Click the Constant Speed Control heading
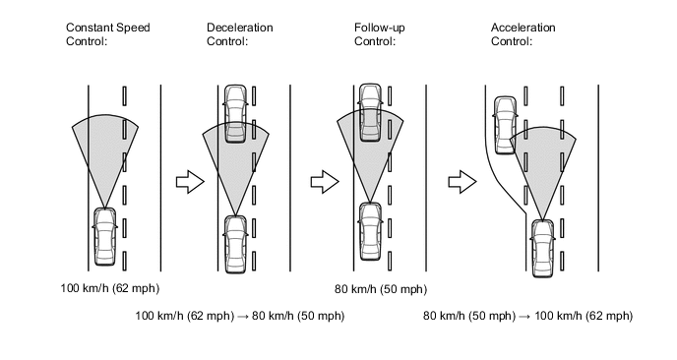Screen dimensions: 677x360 (x=108, y=34)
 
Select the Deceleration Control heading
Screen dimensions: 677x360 (x=240, y=34)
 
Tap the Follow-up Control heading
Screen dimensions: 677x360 (x=380, y=34)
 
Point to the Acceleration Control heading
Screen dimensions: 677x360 (x=523, y=34)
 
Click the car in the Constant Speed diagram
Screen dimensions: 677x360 (x=105, y=236)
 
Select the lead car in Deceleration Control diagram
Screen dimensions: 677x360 (x=235, y=113)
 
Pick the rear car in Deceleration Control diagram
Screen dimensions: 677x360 (x=235, y=245)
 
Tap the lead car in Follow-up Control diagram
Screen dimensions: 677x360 (x=370, y=112)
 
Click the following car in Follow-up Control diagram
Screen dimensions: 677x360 (x=370, y=231)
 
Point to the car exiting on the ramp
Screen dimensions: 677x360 (x=505, y=125)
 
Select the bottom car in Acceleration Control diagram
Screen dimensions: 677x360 (x=543, y=248)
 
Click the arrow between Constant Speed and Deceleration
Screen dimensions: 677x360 (x=190, y=182)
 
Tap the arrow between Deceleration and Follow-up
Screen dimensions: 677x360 (x=325, y=182)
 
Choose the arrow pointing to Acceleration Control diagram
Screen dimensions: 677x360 (x=462, y=182)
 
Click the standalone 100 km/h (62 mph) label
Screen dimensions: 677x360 (x=109, y=288)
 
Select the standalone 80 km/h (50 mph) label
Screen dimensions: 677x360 (x=381, y=289)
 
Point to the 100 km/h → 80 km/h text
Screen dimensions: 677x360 (x=240, y=316)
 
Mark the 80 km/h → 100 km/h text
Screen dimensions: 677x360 (x=528, y=316)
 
